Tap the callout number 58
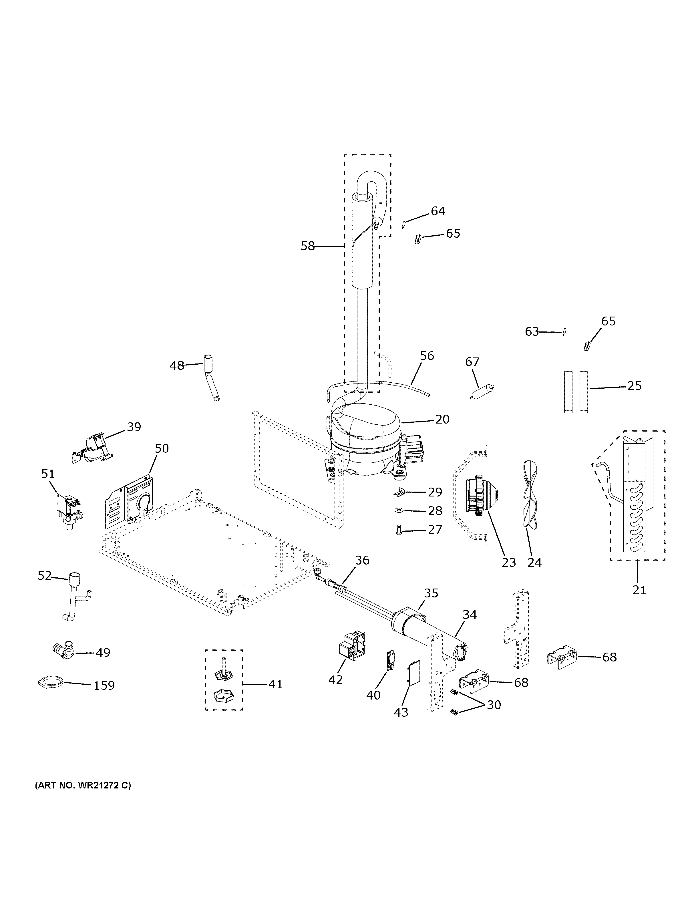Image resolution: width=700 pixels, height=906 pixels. pyautogui.click(x=307, y=247)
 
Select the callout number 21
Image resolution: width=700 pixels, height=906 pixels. pyautogui.click(x=639, y=589)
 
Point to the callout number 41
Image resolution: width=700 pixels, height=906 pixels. pyautogui.click(x=275, y=684)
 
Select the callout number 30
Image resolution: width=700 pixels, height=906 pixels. pyautogui.click(x=494, y=705)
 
